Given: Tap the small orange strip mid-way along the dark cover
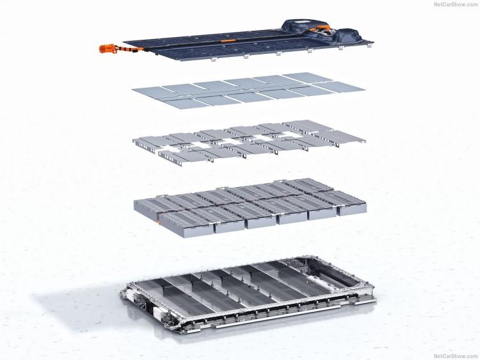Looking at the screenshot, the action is coord(227,40).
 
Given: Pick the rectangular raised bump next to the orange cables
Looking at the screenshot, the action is coord(348,35).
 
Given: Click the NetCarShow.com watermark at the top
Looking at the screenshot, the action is coord(456,4).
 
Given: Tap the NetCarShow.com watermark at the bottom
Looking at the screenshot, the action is coord(456,356).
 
